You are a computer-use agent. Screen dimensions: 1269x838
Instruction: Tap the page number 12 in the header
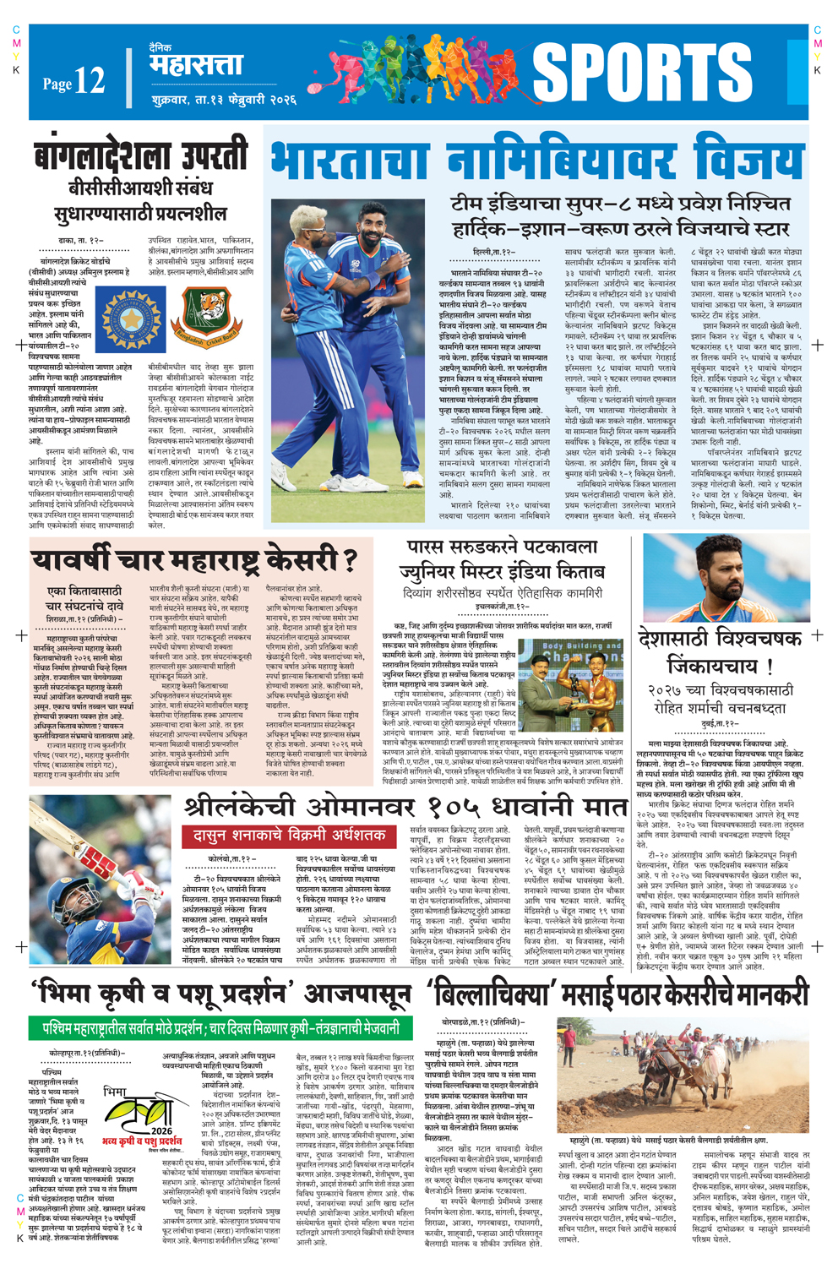pyautogui.click(x=89, y=81)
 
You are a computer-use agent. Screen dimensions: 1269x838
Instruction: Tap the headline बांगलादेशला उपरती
pyautogui.click(x=142, y=158)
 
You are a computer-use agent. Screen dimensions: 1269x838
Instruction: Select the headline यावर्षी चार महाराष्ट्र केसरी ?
pyautogui.click(x=193, y=558)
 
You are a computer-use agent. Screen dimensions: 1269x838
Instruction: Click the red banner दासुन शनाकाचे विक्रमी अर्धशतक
pyautogui.click(x=289, y=836)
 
